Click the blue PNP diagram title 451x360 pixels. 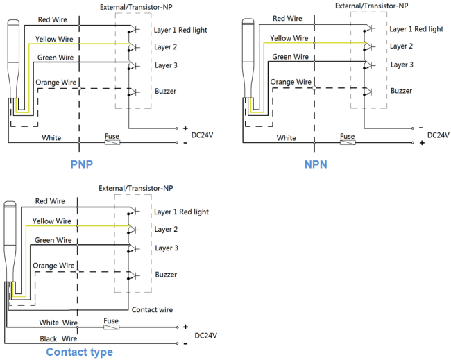[82, 164]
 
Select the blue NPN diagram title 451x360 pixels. [316, 164]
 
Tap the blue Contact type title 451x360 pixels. [79, 352]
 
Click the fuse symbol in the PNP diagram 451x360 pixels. [112, 142]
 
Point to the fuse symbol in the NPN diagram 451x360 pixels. [348, 142]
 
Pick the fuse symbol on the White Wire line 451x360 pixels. [111, 327]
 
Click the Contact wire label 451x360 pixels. [152, 309]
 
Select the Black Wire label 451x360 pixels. [58, 338]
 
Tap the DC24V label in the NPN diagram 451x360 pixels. [439, 135]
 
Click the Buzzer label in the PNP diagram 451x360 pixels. [165, 91]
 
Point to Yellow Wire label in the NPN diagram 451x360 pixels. [289, 38]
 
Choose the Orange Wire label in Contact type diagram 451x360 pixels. [53, 266]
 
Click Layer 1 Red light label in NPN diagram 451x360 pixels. [416, 29]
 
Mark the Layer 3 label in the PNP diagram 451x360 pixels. [166, 66]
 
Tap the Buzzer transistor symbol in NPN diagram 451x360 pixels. [368, 92]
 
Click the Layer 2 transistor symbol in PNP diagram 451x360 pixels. [133, 47]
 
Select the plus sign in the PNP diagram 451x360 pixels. [185, 128]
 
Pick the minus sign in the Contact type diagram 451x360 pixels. [185, 344]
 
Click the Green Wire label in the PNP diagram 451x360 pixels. [56, 58]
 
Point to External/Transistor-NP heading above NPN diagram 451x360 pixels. [372, 6]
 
